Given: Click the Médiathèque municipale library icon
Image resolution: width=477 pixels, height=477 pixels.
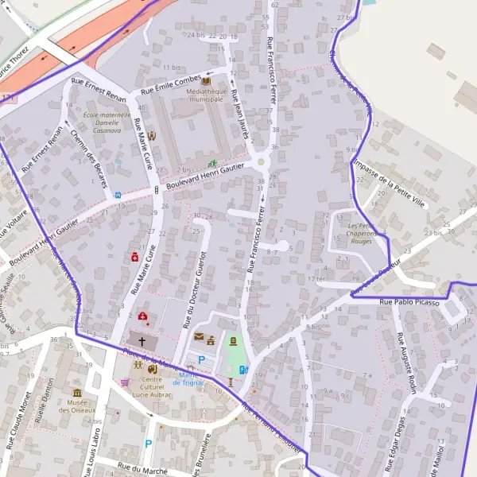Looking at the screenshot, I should [206, 80].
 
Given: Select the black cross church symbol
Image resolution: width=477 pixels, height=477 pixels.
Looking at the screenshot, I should [142, 341].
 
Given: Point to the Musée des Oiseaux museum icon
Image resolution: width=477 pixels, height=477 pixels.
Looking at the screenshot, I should [77, 393].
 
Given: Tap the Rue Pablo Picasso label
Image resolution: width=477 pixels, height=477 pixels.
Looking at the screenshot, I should [409, 302].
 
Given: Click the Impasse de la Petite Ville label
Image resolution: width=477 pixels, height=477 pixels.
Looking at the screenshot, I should [390, 181].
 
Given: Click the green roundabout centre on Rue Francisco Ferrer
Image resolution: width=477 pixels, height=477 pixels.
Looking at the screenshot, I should [261, 164].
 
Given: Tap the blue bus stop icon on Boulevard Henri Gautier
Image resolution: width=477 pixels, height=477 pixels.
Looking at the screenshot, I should [118, 195].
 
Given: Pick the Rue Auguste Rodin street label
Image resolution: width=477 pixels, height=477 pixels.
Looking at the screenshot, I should [406, 354].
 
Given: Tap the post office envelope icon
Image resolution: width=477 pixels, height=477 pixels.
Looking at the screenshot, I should [199, 338].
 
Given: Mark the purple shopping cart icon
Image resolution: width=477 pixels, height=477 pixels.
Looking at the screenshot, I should [125, 382].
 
